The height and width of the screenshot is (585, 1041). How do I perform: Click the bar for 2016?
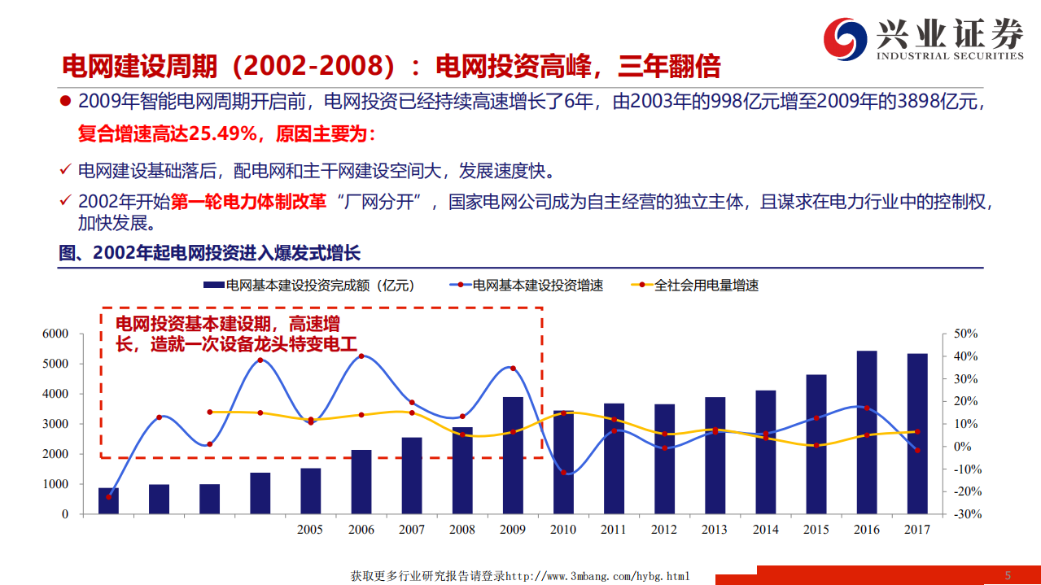867,432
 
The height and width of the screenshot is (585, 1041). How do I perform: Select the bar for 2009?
513,455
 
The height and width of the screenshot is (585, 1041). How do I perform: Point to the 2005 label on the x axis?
310,530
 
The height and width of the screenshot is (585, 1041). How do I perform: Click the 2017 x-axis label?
917,530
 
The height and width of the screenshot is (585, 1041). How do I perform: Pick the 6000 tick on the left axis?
55,334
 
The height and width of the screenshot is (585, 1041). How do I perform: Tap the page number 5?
1008,575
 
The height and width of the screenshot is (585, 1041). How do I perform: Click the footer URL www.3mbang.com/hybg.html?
597,576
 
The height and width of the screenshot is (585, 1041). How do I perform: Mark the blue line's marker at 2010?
562,472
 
